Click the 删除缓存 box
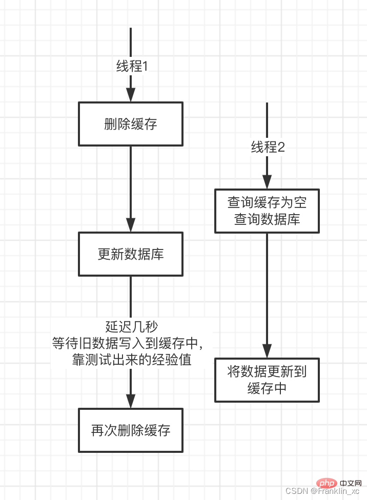click(131, 124)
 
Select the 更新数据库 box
click(131, 254)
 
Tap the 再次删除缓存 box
click(131, 430)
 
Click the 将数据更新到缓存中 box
click(267, 380)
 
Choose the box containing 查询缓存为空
click(267, 211)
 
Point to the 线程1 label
click(132, 66)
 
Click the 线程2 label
click(268, 148)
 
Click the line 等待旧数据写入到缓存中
click(132, 343)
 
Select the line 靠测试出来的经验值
click(132, 360)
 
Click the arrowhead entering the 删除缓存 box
click(131, 95)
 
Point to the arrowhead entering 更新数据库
click(131, 224)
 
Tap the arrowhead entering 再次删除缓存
click(131, 401)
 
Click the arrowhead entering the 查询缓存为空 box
click(267, 182)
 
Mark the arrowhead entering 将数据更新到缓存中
click(267, 350)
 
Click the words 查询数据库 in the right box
click(267, 219)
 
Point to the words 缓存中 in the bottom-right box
click(267, 388)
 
